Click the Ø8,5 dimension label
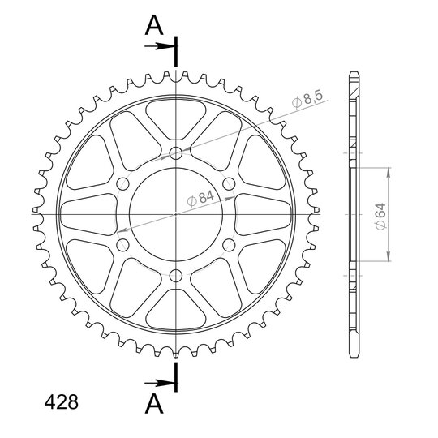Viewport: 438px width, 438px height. pyautogui.click(x=307, y=99)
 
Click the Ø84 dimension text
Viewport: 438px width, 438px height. pyautogui.click(x=200, y=198)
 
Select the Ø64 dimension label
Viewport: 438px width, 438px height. pyautogui.click(x=380, y=217)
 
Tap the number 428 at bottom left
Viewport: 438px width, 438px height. pyautogui.click(x=62, y=402)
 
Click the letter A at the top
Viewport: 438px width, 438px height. pyautogui.click(x=154, y=25)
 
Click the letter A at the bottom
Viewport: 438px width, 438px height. pyautogui.click(x=154, y=404)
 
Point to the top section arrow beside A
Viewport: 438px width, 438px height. pyautogui.click(x=159, y=46)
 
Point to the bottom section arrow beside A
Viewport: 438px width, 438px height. pyautogui.click(x=159, y=383)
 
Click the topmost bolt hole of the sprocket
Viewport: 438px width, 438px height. pyautogui.click(x=176, y=153)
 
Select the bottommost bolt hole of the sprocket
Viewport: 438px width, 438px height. pyautogui.click(x=176, y=276)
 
